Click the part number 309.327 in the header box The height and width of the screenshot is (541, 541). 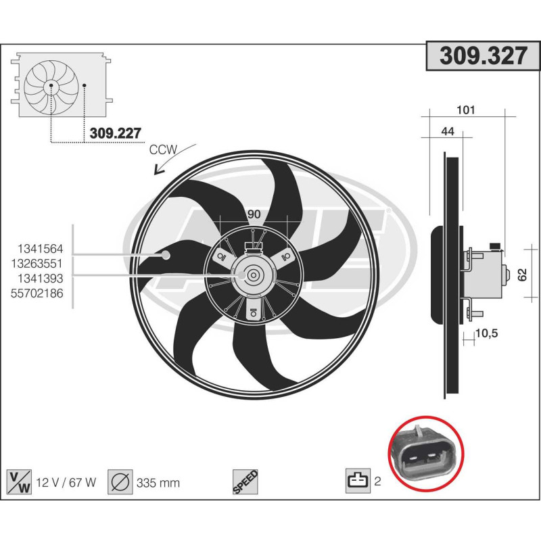coord(483,57)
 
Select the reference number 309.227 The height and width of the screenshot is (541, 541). coord(115,133)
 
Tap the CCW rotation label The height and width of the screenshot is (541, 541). coord(162,150)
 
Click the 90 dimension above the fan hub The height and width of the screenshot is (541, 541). coord(254,214)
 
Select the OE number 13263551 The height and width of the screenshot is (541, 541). coord(42,262)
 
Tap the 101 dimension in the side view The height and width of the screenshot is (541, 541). coord(467,110)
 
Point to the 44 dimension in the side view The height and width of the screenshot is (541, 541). coord(447,132)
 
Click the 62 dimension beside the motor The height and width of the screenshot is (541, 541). coord(521,275)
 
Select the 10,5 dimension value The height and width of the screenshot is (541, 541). coord(486,333)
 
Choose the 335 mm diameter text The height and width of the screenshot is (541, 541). coord(158,482)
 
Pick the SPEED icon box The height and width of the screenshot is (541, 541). coord(243,481)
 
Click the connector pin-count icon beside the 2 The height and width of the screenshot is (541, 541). coord(357,481)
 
